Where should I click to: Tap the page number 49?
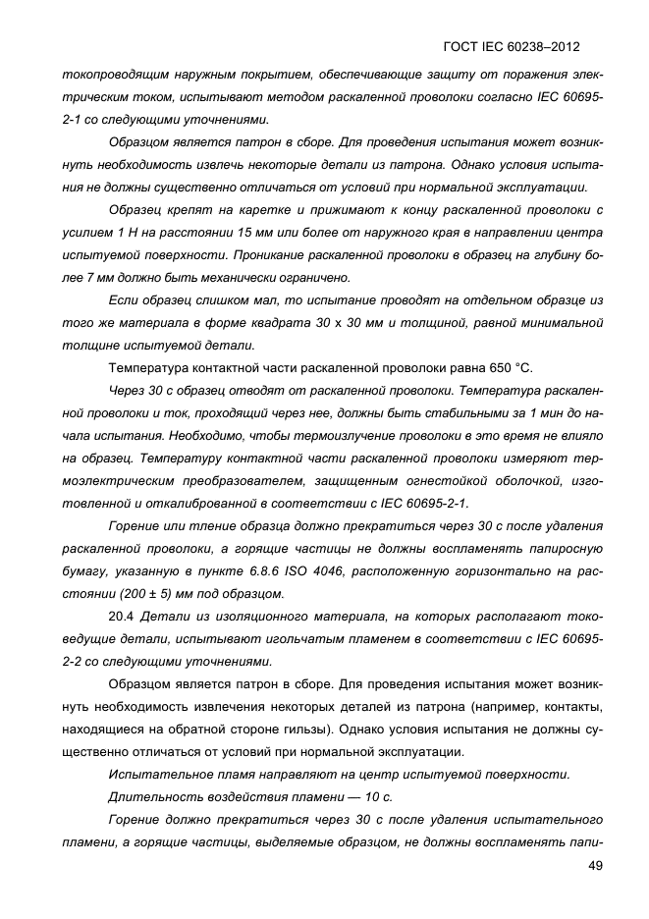coord(595,865)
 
